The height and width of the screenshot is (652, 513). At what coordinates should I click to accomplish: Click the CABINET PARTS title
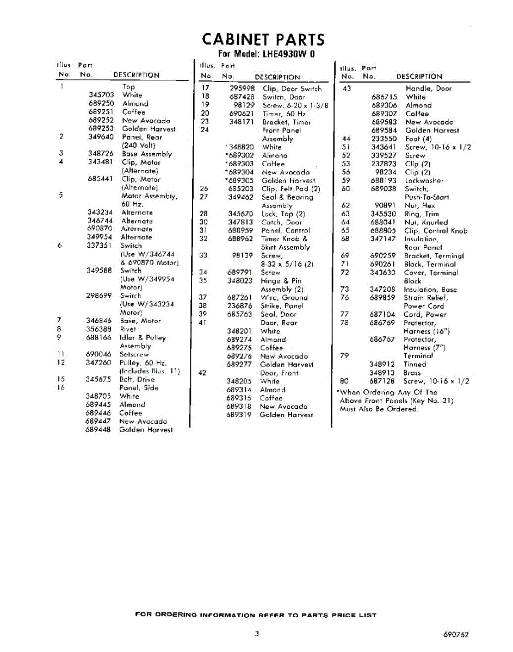pyautogui.click(x=263, y=40)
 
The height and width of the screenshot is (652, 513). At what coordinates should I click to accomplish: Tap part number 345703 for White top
pyautogui.click(x=101, y=95)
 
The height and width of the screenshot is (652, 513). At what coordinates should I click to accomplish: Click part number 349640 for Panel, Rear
pyautogui.click(x=101, y=137)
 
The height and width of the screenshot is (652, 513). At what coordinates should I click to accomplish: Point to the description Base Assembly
pyautogui.click(x=146, y=154)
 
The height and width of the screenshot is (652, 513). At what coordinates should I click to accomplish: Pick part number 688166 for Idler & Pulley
pyautogui.click(x=98, y=337)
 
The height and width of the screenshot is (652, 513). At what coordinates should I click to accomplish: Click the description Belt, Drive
pyautogui.click(x=138, y=379)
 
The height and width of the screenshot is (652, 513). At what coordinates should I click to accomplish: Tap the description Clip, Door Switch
pyautogui.click(x=292, y=89)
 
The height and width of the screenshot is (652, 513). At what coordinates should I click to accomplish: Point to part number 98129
pyautogui.click(x=244, y=105)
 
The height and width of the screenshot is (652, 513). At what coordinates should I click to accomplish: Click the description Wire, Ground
pyautogui.click(x=284, y=297)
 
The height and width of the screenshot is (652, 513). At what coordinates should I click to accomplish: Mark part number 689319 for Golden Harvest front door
pyautogui.click(x=239, y=415)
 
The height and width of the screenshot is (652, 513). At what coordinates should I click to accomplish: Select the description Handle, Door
pyautogui.click(x=429, y=88)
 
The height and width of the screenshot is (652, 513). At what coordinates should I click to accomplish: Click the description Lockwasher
pyautogui.click(x=424, y=180)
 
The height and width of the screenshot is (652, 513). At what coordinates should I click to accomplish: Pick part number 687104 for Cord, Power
pyautogui.click(x=383, y=315)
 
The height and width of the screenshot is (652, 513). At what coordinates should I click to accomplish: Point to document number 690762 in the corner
pyautogui.click(x=456, y=634)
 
